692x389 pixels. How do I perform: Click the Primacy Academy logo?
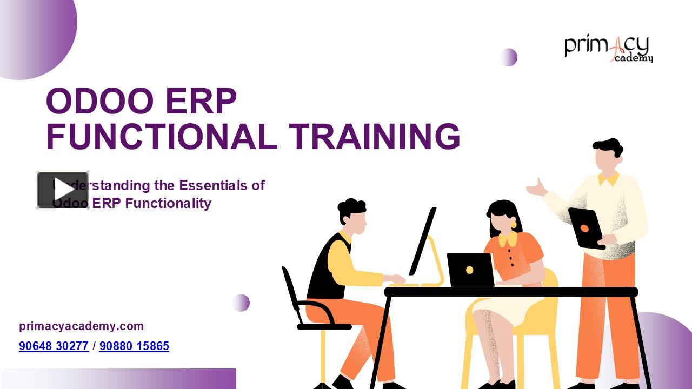609,49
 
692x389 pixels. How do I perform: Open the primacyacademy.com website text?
81,326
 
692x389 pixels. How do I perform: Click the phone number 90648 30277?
54,346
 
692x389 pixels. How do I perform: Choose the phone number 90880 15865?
134,346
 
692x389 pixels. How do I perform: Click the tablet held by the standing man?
585,228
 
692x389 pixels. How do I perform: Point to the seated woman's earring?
513,224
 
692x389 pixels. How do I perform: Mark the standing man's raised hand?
537,188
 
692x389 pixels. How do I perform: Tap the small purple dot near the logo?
508,57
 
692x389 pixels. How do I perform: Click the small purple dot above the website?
241,303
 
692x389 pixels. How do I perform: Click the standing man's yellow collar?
609,179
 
